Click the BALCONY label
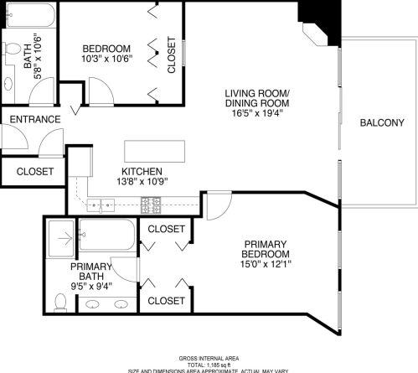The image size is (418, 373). click(382, 123)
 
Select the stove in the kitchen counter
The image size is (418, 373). click(151, 202)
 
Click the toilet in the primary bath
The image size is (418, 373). click(59, 302)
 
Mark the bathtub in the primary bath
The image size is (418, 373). click(106, 236)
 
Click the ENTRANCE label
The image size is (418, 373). click(34, 120)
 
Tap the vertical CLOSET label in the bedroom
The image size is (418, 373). click(172, 55)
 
